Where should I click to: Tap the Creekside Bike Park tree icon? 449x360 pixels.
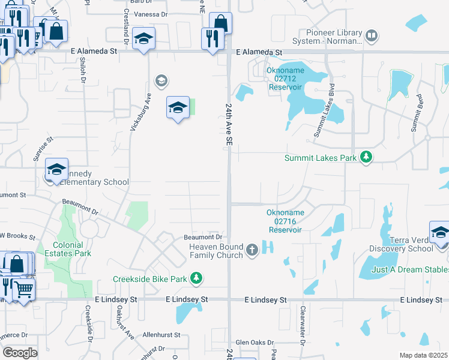click(196, 278)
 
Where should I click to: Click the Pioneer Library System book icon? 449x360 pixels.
click(372, 36)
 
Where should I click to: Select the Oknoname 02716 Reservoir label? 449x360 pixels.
click(286, 221)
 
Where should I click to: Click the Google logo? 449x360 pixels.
click(20, 353)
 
